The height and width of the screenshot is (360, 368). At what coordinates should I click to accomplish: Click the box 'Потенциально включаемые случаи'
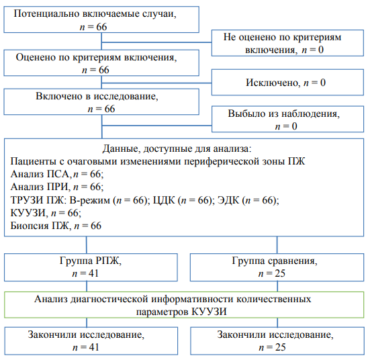(101, 19)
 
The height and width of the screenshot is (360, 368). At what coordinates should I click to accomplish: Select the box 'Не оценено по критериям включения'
(287, 43)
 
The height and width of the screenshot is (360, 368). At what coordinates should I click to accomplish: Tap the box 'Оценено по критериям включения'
(101, 62)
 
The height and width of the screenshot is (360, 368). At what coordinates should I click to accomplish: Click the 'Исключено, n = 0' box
(287, 82)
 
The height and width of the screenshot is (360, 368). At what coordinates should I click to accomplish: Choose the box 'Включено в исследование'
(101, 101)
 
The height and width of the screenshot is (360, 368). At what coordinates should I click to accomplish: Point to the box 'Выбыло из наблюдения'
(287, 119)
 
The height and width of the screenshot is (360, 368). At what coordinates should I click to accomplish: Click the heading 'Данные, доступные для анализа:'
(177, 148)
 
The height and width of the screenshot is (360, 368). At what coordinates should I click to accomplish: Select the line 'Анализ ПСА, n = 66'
(57, 174)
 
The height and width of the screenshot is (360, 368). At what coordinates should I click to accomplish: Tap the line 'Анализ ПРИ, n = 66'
(57, 187)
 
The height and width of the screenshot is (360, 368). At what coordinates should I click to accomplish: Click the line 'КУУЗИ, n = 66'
(46, 213)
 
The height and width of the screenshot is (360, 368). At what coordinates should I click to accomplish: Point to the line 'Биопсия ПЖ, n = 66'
(56, 226)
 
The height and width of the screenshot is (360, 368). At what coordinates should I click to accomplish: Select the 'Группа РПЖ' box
(91, 267)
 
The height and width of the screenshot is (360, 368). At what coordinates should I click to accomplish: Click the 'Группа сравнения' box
(277, 267)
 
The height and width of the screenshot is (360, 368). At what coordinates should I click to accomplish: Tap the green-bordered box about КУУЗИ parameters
(184, 305)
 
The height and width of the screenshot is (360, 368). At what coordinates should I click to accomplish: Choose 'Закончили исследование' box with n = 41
(91, 341)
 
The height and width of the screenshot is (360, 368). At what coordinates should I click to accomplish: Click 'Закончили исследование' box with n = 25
(277, 341)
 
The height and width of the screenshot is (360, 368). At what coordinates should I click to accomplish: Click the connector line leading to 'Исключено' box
(156, 83)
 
